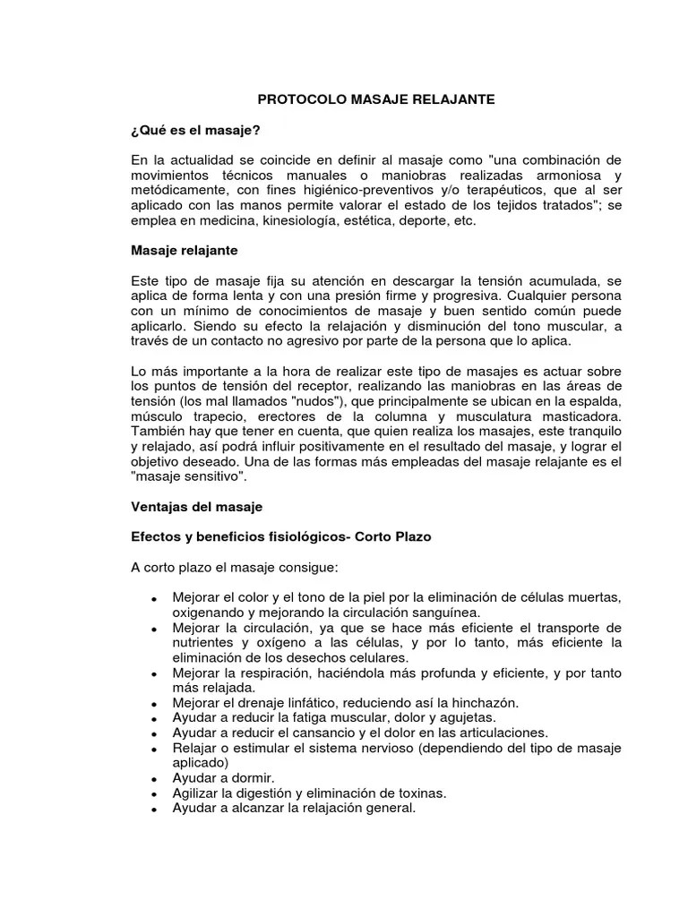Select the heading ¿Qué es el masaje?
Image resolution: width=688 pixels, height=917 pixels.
coord(195,131)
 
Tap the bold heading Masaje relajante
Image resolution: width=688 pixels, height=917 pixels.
coord(184,252)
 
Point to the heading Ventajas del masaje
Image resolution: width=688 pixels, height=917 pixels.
coord(196,507)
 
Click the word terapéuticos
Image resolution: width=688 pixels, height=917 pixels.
coord(460,191)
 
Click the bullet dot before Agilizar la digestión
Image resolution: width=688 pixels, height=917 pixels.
coord(154,794)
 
